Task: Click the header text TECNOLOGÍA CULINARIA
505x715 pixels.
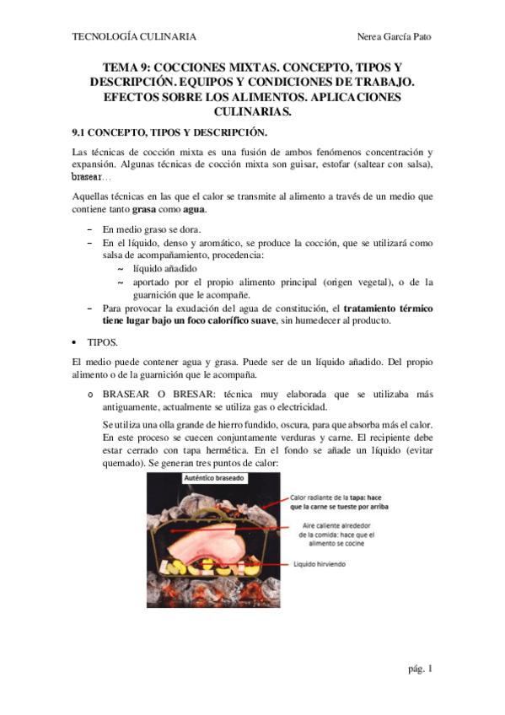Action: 135,37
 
